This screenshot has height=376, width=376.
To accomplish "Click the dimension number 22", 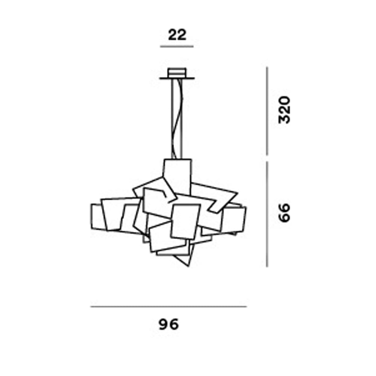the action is (177, 35).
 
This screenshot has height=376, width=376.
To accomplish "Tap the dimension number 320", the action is (284, 110).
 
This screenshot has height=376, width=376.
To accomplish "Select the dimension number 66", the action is (284, 213).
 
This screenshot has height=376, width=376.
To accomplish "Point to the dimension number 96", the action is (168, 324).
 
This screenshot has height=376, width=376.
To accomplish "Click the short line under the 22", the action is (177, 46).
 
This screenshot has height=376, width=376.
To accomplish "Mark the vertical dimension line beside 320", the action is (267, 111).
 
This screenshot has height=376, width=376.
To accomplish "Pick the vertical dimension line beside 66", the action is (267, 214).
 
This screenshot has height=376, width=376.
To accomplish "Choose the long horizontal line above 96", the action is (168, 306).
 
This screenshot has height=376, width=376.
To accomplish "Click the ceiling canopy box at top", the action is (177, 73).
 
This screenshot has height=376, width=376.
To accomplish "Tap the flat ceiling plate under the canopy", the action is (177, 78).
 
